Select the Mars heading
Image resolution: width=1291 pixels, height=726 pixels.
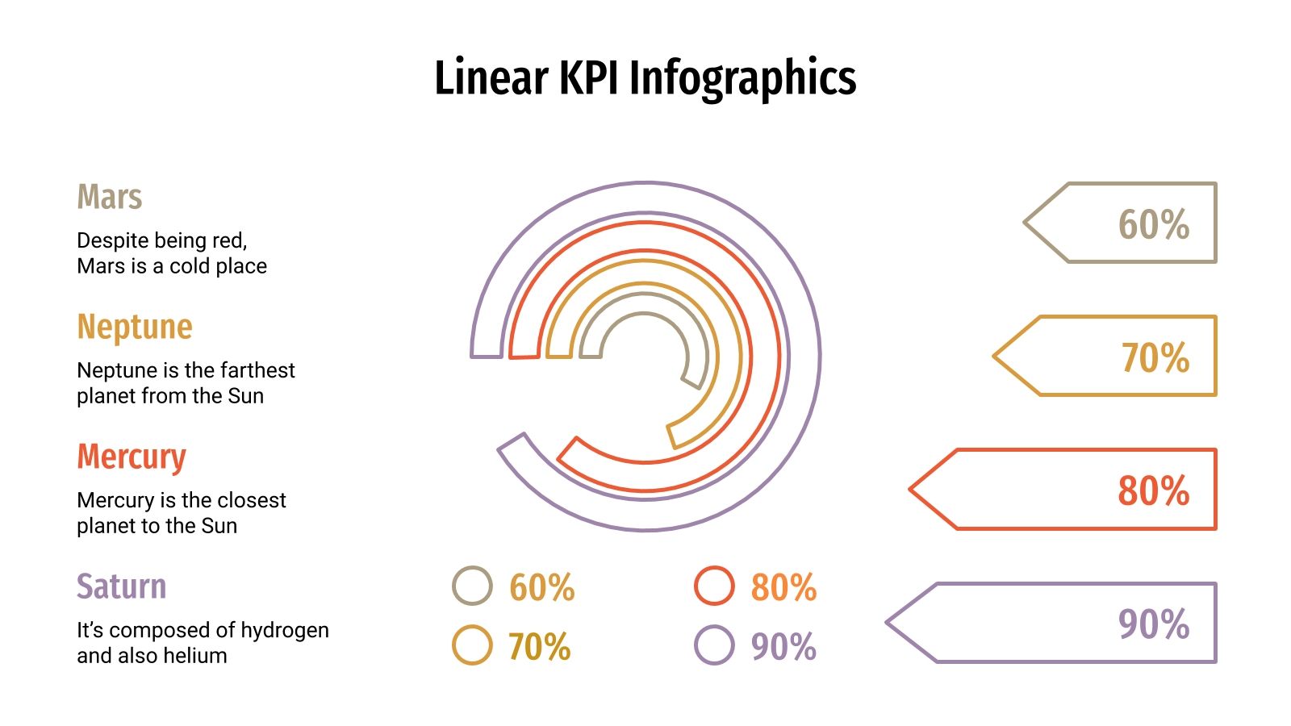coord(110,197)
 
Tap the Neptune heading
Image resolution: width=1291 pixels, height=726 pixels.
coord(135,327)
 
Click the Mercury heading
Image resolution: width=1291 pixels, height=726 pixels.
coord(132,457)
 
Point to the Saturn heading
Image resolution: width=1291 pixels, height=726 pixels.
coord(122,586)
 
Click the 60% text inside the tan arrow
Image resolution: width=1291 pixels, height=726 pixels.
coord(1153,224)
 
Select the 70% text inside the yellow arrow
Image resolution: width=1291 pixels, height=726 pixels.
coord(1155,357)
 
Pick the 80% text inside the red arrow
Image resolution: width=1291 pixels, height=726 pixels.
coord(1153,490)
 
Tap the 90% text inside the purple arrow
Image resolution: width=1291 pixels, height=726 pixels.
coord(1153,624)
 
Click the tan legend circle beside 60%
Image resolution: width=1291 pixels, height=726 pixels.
coord(472,586)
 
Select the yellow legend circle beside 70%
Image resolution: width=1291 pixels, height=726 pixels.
coord(472,645)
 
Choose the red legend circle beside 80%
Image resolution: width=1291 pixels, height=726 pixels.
coord(714,586)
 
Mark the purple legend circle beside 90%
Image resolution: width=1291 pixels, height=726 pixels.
coord(714,645)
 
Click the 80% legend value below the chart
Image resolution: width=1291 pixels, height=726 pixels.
coord(783,587)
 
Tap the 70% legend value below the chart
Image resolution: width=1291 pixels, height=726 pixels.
coord(539,647)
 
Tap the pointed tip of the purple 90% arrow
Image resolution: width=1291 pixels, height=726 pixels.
coord(888,623)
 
